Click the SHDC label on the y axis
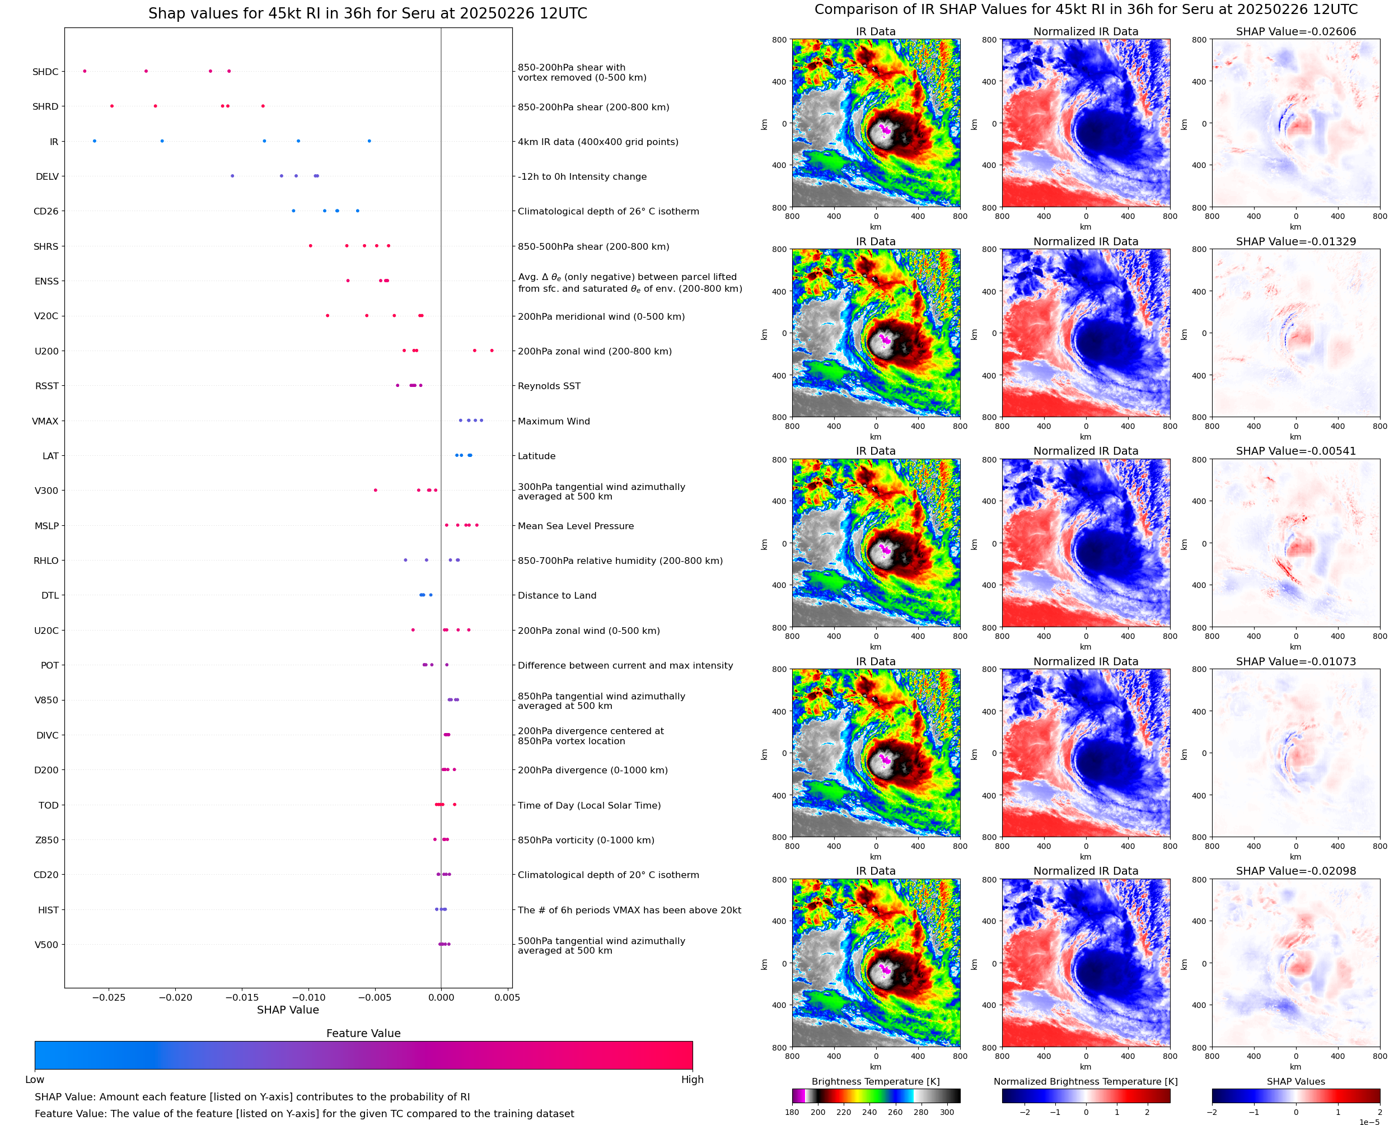[x=45, y=72]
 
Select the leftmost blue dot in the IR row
[x=95, y=141]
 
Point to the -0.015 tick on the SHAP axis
[x=242, y=997]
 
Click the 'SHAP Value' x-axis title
[x=288, y=1010]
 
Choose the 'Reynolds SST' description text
[x=549, y=386]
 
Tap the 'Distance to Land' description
[x=556, y=596]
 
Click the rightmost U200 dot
[x=492, y=351]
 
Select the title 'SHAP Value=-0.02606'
[x=1295, y=32]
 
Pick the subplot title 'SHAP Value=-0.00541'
[x=1295, y=451]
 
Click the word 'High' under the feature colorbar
[x=692, y=1080]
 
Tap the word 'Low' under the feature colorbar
[x=35, y=1080]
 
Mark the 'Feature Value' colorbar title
[x=363, y=1034]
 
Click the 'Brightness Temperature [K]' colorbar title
[x=875, y=1081]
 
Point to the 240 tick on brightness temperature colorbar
[x=869, y=1112]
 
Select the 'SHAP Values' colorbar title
[x=1295, y=1081]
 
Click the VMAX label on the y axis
[x=45, y=421]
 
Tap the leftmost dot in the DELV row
[x=232, y=176]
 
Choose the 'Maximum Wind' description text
[x=554, y=421]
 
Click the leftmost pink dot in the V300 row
[x=376, y=491]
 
